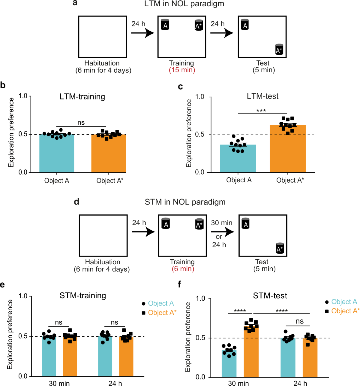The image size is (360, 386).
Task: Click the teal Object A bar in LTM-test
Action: pyautogui.click(x=238, y=159)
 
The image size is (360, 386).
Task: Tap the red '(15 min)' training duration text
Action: pyautogui.click(x=182, y=70)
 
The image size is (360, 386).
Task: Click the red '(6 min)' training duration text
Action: pyautogui.click(x=183, y=269)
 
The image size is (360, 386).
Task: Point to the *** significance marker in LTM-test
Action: pyautogui.click(x=261, y=111)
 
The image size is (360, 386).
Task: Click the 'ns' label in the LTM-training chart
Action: pyautogui.click(x=81, y=123)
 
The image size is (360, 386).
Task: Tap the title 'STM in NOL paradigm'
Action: pyautogui.click(x=185, y=202)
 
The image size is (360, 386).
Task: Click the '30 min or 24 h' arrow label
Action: pyautogui.click(x=221, y=234)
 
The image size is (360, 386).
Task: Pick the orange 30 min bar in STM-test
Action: pyautogui.click(x=251, y=354)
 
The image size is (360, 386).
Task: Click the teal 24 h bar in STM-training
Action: pyautogui.click(x=105, y=357)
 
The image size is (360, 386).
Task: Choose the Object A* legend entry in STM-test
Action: pyautogui.click(x=342, y=311)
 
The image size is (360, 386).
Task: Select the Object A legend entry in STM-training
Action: pyautogui.click(x=158, y=303)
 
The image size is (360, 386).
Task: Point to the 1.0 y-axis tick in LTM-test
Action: pyautogui.click(x=199, y=97)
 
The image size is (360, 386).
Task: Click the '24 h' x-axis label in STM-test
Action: pyautogui.click(x=300, y=383)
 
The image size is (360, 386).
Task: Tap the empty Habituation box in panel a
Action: pyautogui.click(x=103, y=37)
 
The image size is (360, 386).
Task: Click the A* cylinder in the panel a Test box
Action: pyautogui.click(x=279, y=49)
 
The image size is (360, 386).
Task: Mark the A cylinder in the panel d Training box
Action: pyautogui.click(x=166, y=223)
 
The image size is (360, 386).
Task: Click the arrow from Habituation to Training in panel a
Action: pyautogui.click(x=142, y=33)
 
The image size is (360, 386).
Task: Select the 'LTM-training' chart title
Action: pyautogui.click(x=82, y=97)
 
